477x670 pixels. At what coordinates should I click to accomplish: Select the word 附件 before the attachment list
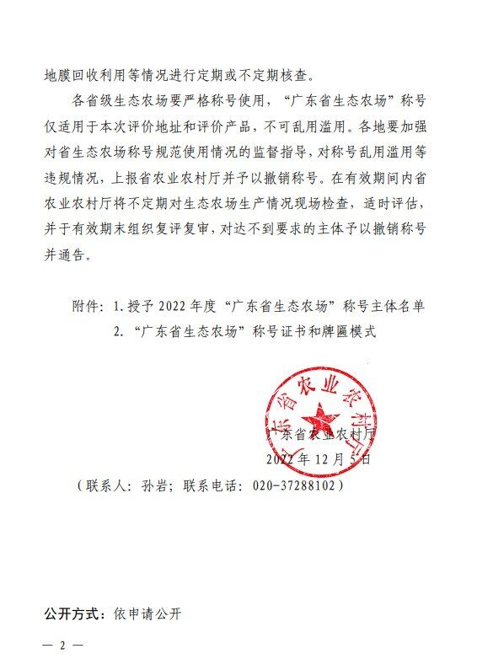tap(87, 307)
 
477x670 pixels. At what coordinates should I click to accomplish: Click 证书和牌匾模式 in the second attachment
tap(328, 331)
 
